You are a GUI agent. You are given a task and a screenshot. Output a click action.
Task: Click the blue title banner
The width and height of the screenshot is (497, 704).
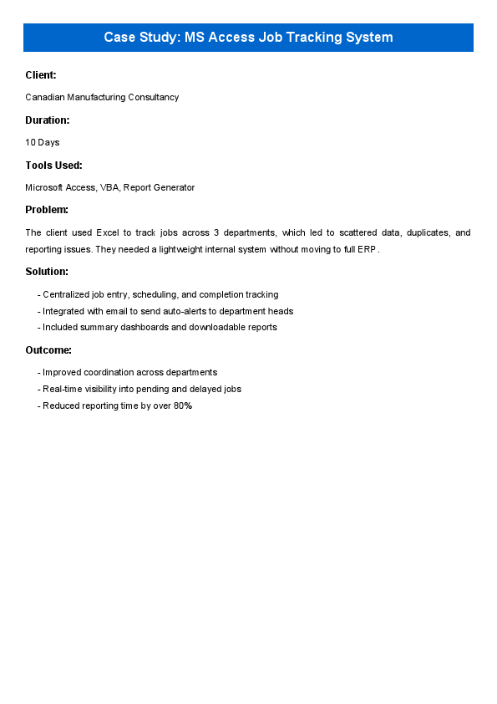[x=248, y=38]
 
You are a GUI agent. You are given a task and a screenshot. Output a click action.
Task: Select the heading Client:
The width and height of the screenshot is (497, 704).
[x=41, y=75]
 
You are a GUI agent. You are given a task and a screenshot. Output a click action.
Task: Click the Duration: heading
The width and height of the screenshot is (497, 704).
[x=48, y=120]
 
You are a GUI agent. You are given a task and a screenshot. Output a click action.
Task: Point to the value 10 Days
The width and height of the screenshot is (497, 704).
[x=43, y=142]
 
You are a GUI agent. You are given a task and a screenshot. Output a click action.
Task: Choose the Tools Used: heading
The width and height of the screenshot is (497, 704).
[x=53, y=166]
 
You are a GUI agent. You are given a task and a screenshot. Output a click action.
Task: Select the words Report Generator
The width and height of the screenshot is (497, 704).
[x=159, y=187]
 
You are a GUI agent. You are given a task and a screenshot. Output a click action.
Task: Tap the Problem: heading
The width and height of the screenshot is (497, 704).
[x=47, y=210]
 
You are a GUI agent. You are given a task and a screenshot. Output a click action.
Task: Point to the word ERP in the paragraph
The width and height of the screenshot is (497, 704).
[x=369, y=249]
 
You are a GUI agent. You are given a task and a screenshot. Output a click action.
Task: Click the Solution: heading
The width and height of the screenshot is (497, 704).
[x=47, y=272]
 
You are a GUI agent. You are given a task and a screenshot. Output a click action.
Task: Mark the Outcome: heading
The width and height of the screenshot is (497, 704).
[x=48, y=350]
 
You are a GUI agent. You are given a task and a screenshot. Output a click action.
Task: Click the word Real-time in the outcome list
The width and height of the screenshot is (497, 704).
[x=62, y=389]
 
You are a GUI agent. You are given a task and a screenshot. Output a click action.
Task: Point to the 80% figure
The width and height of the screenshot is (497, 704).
[x=183, y=406]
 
